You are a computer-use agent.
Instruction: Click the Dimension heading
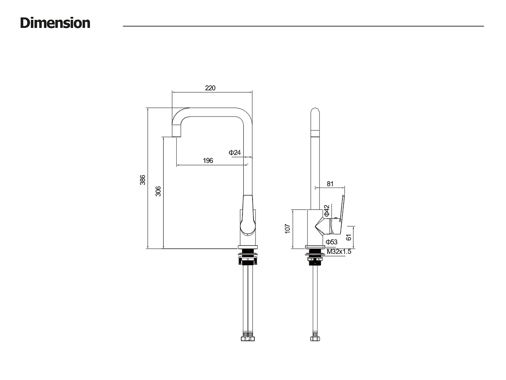[x=55, y=23]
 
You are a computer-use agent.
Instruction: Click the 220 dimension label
[x=210, y=88]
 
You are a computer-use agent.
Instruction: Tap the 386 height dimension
[x=143, y=180]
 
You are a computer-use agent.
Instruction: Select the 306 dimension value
[x=158, y=191]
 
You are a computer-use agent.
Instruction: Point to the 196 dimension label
[x=208, y=160]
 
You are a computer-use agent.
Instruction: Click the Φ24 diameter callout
[x=234, y=152]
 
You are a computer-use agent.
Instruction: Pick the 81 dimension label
[x=330, y=184]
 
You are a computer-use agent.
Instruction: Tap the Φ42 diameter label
[x=327, y=211]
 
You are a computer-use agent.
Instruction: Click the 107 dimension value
[x=288, y=228]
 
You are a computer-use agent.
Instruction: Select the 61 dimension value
[x=349, y=237]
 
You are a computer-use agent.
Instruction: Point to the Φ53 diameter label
[x=331, y=242]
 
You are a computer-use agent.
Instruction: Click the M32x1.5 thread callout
[x=339, y=252]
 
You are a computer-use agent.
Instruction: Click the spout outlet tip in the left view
[x=176, y=136]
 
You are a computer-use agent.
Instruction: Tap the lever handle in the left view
[x=248, y=216]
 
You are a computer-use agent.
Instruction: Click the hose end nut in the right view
[x=315, y=338]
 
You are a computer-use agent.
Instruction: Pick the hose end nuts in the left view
[x=248, y=338]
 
